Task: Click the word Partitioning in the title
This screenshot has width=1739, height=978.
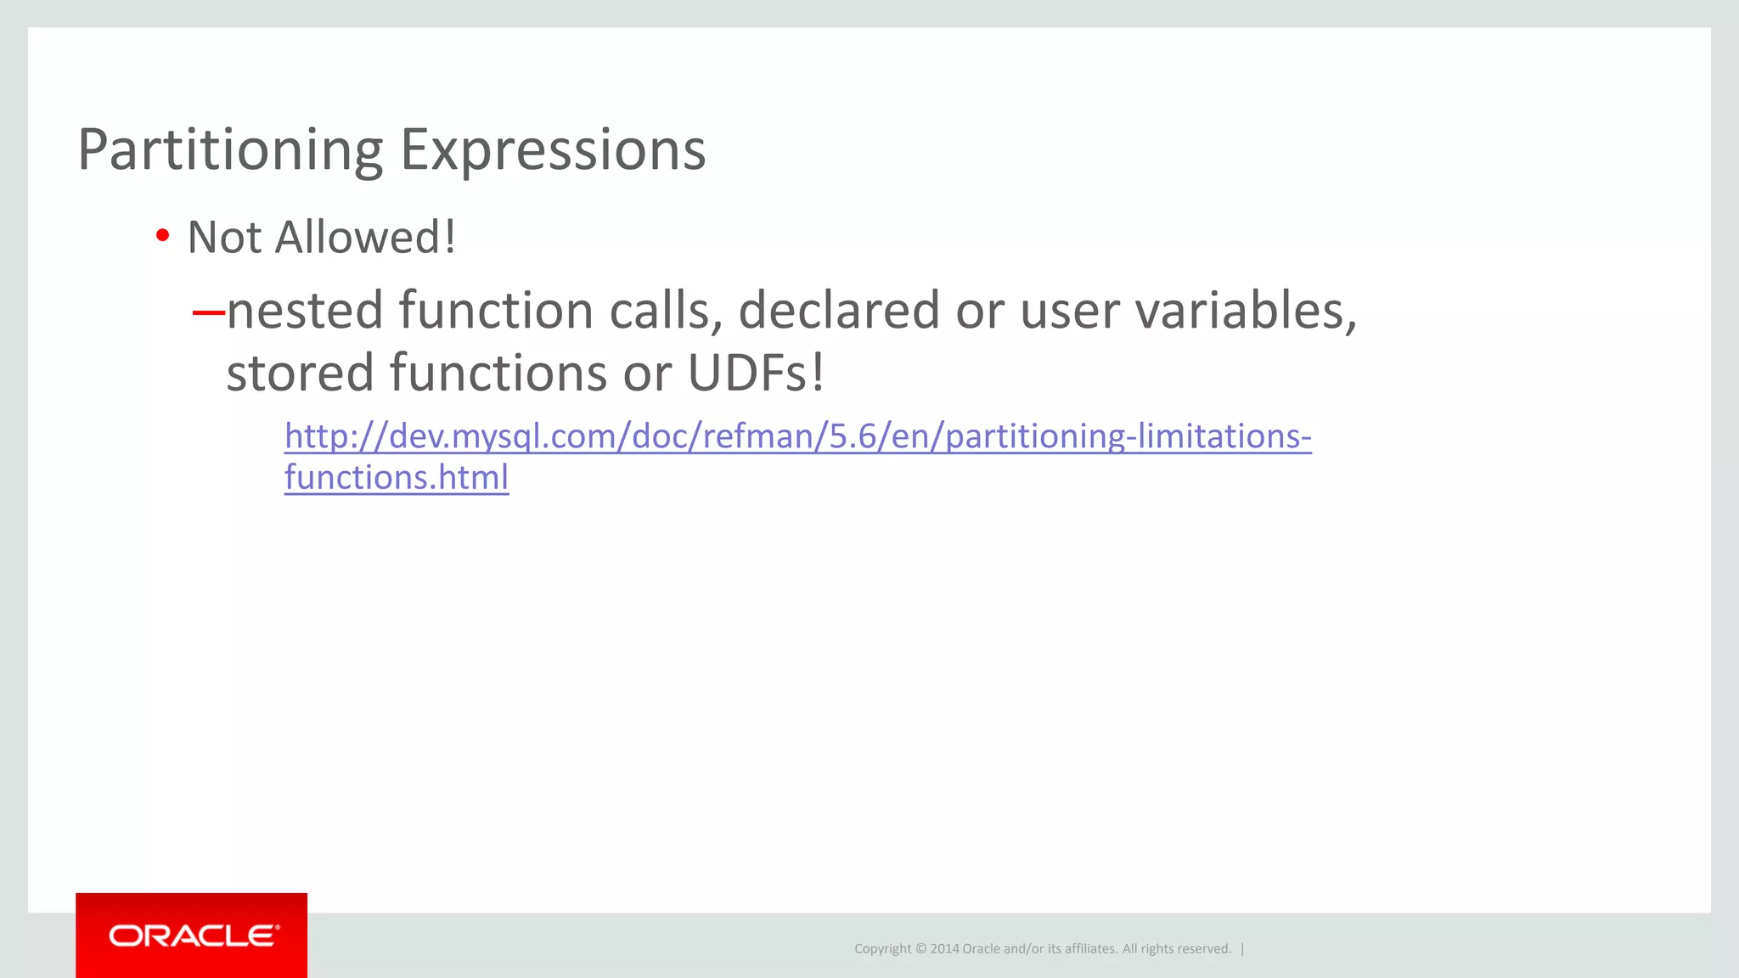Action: click(230, 150)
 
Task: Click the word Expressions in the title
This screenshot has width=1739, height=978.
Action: click(552, 150)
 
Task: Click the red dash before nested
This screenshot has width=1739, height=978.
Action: click(208, 312)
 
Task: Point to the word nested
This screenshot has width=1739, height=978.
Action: click(305, 310)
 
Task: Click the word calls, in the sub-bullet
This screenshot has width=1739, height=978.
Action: click(665, 310)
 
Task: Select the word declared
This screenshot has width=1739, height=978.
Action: click(838, 310)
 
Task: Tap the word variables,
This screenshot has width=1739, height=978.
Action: click(1246, 310)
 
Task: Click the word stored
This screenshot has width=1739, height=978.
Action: click(300, 373)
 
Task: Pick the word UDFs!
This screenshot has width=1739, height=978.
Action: click(756, 373)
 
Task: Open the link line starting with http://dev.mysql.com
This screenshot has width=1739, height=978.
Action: click(797, 436)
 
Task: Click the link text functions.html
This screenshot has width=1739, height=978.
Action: click(397, 477)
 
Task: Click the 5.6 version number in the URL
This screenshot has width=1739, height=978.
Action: click(853, 436)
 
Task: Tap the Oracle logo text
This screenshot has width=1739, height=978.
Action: click(192, 936)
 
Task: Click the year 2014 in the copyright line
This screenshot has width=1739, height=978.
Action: click(944, 949)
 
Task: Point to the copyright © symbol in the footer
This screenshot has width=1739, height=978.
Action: click(920, 949)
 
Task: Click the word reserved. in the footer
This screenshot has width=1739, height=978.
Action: click(1205, 949)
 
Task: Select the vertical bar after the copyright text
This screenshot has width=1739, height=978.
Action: click(1242, 949)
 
